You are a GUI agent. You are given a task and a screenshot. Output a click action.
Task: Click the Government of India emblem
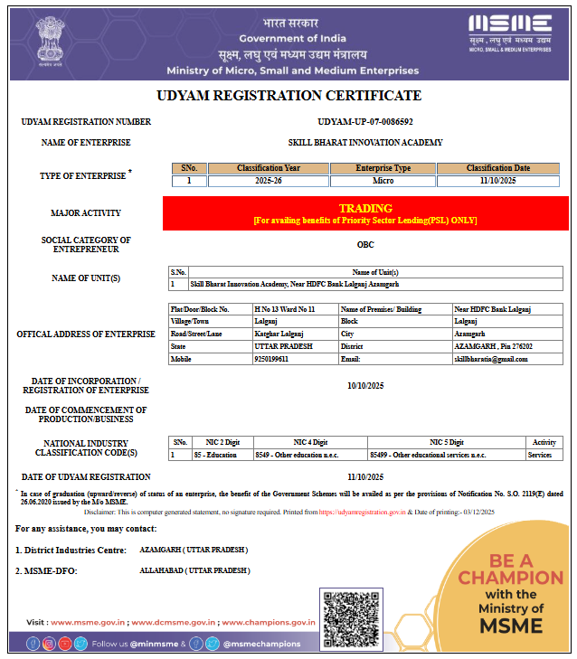tap(46, 40)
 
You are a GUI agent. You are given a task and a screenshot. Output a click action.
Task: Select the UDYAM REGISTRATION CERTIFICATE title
tap(289, 96)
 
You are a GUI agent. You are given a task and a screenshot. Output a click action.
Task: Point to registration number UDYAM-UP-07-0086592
tap(365, 121)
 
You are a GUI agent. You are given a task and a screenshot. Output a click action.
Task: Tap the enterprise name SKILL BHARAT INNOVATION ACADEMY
tap(365, 143)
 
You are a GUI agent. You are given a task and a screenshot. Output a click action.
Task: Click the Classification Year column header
tap(268, 168)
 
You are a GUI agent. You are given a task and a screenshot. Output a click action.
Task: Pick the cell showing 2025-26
tap(268, 181)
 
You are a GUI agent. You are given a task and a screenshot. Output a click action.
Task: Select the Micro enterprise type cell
tap(383, 181)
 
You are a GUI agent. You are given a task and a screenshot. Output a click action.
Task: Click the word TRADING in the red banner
tap(365, 208)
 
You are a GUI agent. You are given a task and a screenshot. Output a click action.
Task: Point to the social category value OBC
tap(365, 244)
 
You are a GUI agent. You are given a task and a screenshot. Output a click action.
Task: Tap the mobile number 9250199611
tap(271, 359)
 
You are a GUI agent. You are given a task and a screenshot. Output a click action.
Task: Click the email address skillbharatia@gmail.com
tap(491, 359)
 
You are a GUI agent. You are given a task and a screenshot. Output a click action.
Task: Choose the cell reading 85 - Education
tap(216, 455)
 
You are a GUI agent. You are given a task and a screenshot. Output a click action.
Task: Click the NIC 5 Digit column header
tap(447, 442)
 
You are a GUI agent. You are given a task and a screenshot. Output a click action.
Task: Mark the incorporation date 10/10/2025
tap(365, 386)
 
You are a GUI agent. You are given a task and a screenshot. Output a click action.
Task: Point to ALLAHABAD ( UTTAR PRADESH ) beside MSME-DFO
tap(194, 571)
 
